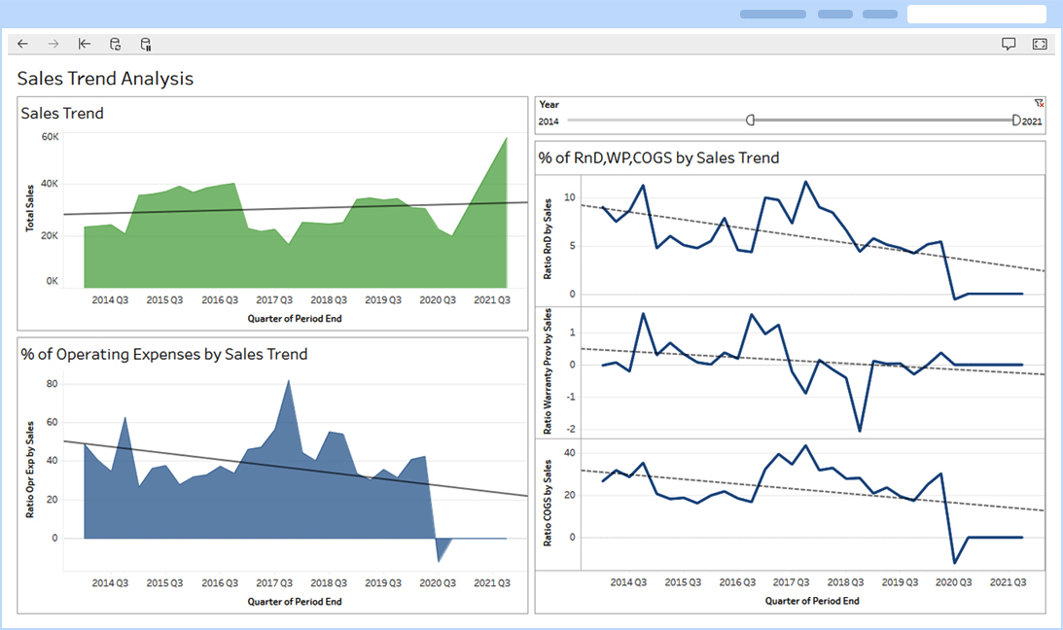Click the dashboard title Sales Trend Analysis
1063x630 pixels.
pos(105,79)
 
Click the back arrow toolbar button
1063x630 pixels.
pos(23,44)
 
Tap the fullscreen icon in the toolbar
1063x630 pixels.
pos(1039,44)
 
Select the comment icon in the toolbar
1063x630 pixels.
pos(1009,44)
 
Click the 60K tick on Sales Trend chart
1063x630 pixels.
pos(50,137)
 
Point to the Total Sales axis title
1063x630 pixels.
pos(30,209)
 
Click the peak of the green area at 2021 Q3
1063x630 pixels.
pos(507,138)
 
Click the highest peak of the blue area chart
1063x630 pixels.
pos(289,380)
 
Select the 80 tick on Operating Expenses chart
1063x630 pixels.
pos(53,384)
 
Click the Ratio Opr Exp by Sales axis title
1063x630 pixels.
pos(30,469)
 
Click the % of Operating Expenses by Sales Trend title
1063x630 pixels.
pos(163,354)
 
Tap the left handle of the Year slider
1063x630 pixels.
pos(750,120)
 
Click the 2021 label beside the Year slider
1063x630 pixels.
pos(1032,122)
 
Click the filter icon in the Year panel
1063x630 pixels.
pos(1039,102)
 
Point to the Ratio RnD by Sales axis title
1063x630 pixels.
pos(547,238)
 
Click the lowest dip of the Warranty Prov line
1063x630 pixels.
pos(860,431)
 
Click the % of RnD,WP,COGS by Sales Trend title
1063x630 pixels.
pos(658,157)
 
